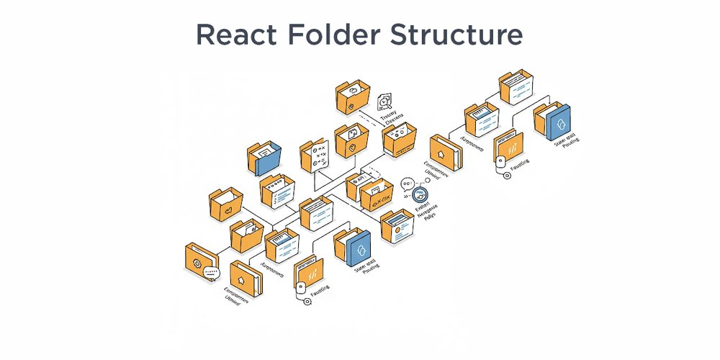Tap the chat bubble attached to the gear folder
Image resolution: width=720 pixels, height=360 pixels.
pyautogui.click(x=211, y=273)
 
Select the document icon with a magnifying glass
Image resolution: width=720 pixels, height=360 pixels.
pyautogui.click(x=386, y=101)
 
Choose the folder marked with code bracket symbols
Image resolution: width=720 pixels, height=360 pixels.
pyautogui.click(x=377, y=197)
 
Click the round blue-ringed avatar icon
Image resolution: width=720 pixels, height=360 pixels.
pyautogui.click(x=418, y=194)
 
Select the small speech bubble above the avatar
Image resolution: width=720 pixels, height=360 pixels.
pyautogui.click(x=408, y=184)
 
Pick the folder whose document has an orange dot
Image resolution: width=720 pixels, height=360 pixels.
pyautogui.click(x=397, y=228)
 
